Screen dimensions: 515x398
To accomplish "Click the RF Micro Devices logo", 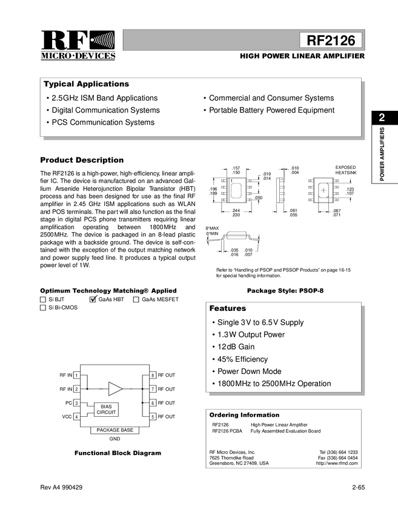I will click(78, 44).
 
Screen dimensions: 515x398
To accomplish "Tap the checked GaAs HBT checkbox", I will click(93, 299).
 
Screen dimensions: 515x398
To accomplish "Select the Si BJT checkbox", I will click(43, 299).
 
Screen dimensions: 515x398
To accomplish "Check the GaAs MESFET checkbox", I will click(136, 299).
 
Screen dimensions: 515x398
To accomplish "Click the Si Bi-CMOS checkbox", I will click(43, 308).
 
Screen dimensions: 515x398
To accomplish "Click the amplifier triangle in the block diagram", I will click(114, 388).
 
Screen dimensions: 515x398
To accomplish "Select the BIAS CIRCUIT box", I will click(106, 409).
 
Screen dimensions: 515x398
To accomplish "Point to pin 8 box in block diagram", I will click(153, 376).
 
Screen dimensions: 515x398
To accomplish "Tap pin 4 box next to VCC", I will click(76, 417).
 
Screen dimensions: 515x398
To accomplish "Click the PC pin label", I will click(68, 403).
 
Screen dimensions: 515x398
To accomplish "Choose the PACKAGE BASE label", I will click(114, 430).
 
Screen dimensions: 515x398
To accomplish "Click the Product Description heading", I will click(82, 160).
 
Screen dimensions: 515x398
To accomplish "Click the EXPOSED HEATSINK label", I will click(346, 170).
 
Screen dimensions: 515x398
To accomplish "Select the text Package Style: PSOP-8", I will click(285, 291).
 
